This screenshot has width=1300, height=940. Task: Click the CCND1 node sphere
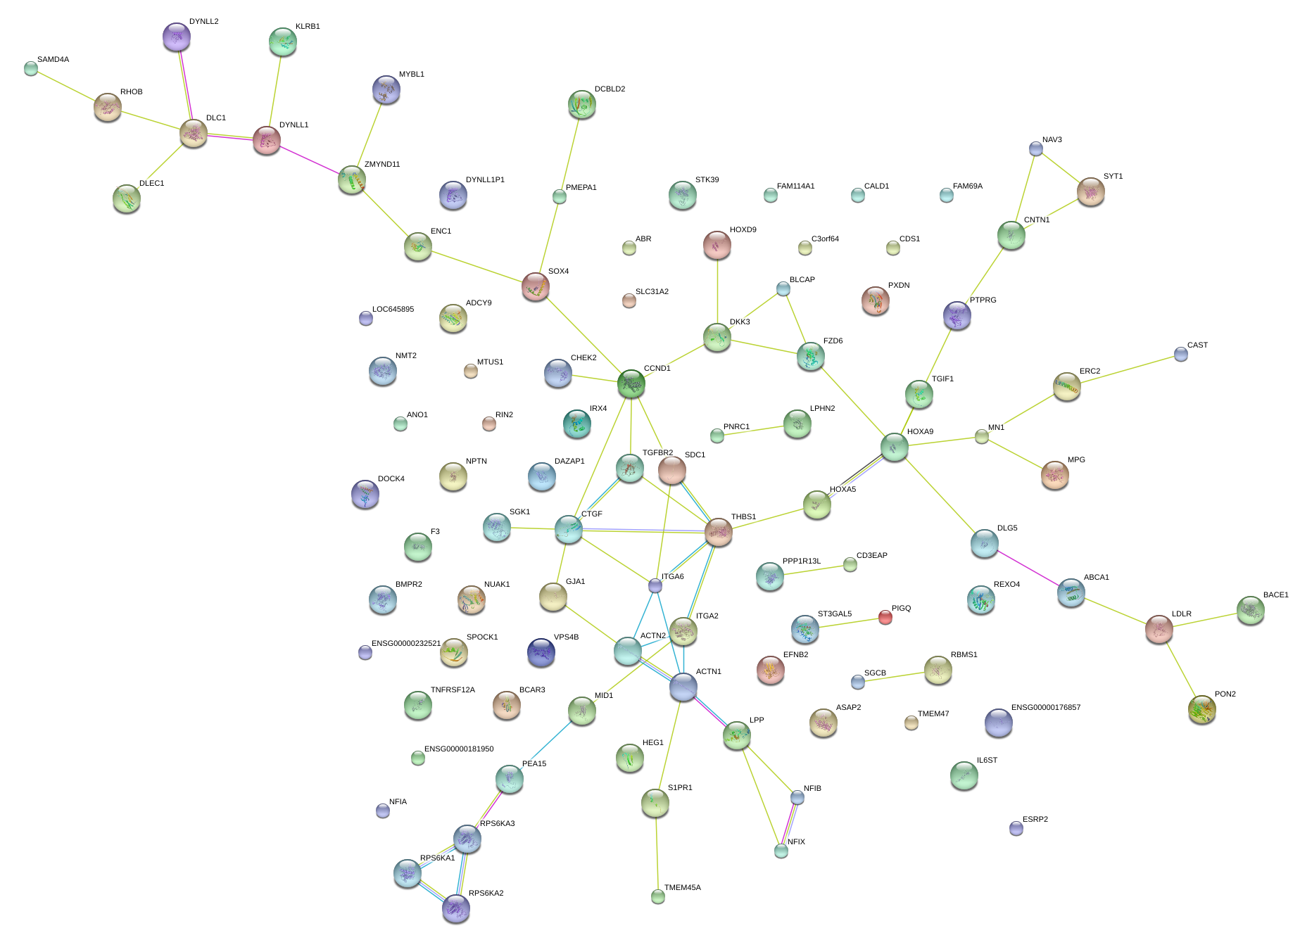coord(631,383)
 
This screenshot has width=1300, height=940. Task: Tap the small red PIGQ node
coord(885,617)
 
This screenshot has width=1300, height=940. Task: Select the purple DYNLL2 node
coord(177,37)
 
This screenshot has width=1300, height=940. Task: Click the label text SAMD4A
coord(53,60)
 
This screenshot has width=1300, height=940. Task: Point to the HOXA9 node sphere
coord(895,447)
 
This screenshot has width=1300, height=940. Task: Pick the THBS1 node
coord(719,532)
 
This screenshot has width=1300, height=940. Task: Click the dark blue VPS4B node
coord(541,652)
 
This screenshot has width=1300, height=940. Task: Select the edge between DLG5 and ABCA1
coord(1028,568)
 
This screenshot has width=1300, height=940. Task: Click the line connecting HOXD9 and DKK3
coord(717,291)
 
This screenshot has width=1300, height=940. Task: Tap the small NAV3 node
coord(1036,148)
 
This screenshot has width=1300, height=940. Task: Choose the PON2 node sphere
coord(1202,709)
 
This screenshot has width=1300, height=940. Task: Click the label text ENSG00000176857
coord(1046,708)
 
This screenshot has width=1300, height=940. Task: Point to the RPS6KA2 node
coord(456,908)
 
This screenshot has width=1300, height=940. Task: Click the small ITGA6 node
coord(655,585)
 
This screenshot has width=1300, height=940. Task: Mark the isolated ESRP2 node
coord(1016,828)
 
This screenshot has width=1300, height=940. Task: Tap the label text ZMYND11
coord(382,165)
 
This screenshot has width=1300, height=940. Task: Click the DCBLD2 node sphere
coord(582,104)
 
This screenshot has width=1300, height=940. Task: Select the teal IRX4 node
coord(577,424)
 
